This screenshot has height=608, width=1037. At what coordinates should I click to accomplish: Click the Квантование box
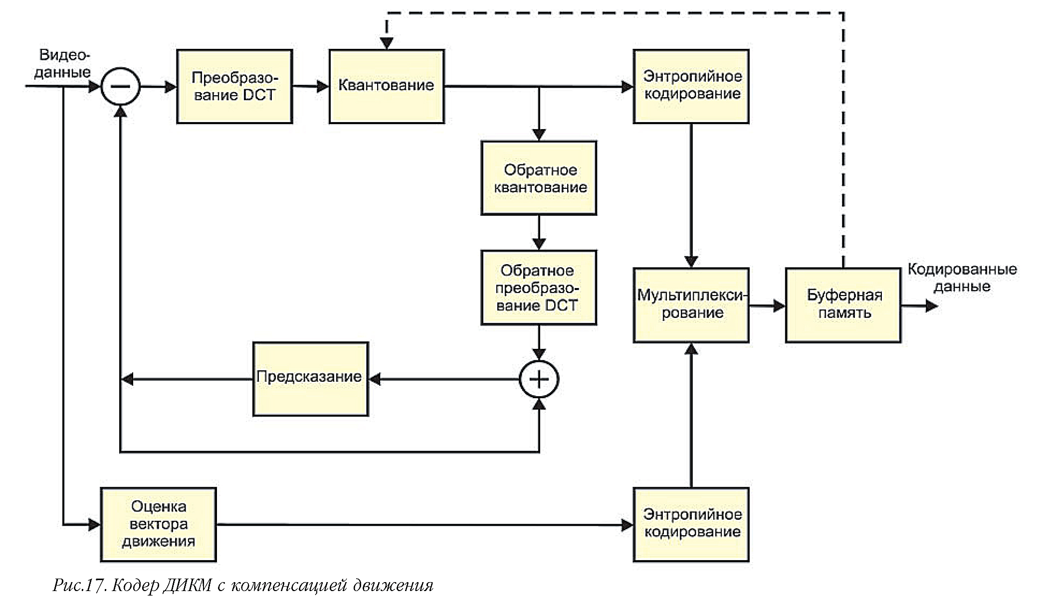387,86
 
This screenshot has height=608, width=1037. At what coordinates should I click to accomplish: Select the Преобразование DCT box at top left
234,86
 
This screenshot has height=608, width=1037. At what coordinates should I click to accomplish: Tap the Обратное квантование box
539,178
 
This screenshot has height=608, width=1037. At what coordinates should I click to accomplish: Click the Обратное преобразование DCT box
539,288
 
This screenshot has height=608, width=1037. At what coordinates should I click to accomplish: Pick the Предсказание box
310,379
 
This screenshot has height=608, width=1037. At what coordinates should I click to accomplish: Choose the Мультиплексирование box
691,305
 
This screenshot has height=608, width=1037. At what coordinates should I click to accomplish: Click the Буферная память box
843,305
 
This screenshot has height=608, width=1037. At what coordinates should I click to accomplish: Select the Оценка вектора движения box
158,524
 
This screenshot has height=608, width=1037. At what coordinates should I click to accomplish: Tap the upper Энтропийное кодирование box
691,86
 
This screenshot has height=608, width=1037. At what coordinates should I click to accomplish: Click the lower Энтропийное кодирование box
691,524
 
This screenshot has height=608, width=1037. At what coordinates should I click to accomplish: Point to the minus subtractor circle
120,86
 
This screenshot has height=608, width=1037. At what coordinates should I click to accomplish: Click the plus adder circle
539,379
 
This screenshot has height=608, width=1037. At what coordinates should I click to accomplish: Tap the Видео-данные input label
63,63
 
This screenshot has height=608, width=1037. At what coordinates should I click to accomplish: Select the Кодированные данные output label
962,278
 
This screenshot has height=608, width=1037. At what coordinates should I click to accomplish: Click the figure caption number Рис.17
80,585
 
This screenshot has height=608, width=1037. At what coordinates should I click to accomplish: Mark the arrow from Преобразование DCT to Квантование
310,86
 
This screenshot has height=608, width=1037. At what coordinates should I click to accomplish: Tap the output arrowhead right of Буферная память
931,305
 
